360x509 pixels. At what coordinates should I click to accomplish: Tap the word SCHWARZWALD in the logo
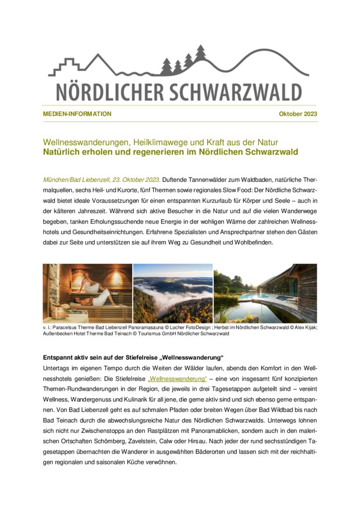233,92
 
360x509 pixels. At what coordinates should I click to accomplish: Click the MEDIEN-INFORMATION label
77,114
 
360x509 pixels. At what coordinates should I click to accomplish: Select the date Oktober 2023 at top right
298,114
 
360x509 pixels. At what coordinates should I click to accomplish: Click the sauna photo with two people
88,293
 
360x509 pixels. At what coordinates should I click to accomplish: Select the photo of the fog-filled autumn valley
173,293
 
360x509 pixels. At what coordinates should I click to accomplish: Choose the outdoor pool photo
265,293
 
